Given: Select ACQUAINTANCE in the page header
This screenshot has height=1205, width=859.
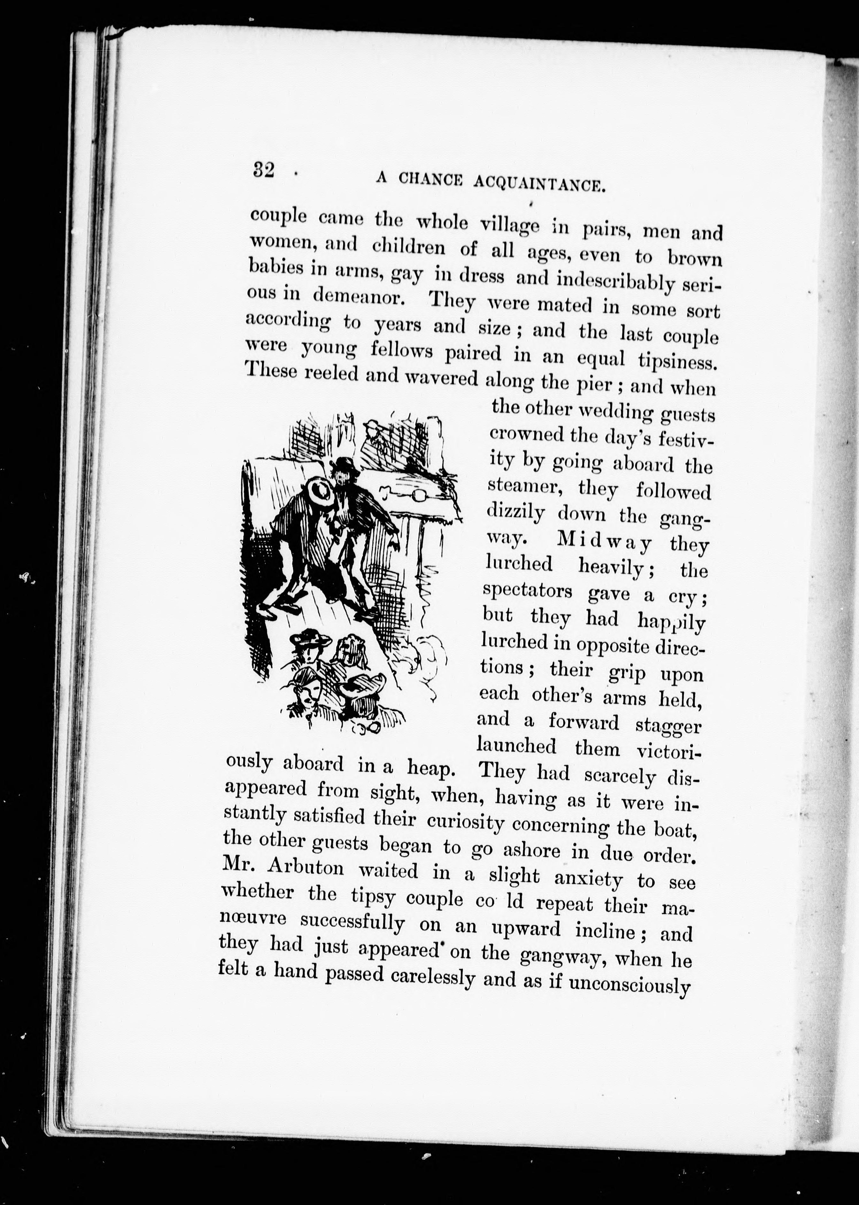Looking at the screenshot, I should tap(539, 184).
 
